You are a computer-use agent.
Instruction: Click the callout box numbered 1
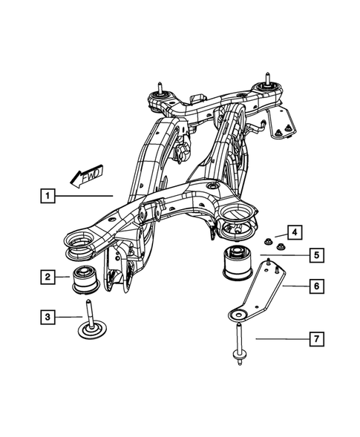tap(47, 197)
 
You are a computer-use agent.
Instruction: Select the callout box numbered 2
tap(47, 277)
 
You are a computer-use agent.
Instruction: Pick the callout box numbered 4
tap(295, 232)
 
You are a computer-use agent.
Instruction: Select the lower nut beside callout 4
tap(278, 246)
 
